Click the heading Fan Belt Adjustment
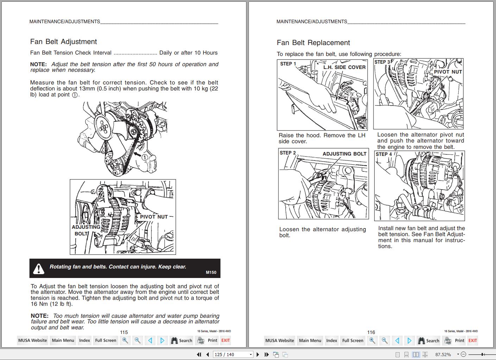pyautogui.click(x=63, y=42)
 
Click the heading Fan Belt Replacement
pyautogui.click(x=313, y=43)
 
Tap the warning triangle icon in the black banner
pyautogui.click(x=38, y=269)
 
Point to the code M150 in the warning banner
pyautogui.click(x=211, y=272)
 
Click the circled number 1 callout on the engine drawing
pyautogui.click(x=144, y=158)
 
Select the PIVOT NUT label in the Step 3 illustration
pyautogui.click(x=448, y=72)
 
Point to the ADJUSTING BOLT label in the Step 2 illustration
pyautogui.click(x=344, y=154)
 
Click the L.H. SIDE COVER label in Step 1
pyautogui.click(x=344, y=67)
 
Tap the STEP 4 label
pyautogui.click(x=384, y=154)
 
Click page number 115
pyautogui.click(x=124, y=332)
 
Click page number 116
pyautogui.click(x=371, y=332)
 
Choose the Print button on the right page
pyautogui.click(x=454, y=340)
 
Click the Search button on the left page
pyautogui.click(x=181, y=340)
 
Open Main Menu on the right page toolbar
pyautogui.click(x=310, y=340)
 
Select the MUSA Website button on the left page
pyautogui.click(x=32, y=340)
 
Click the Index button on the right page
pyautogui.click(x=332, y=340)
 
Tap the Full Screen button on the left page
pyautogui.click(x=106, y=340)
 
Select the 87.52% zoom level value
pyautogui.click(x=443, y=354)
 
